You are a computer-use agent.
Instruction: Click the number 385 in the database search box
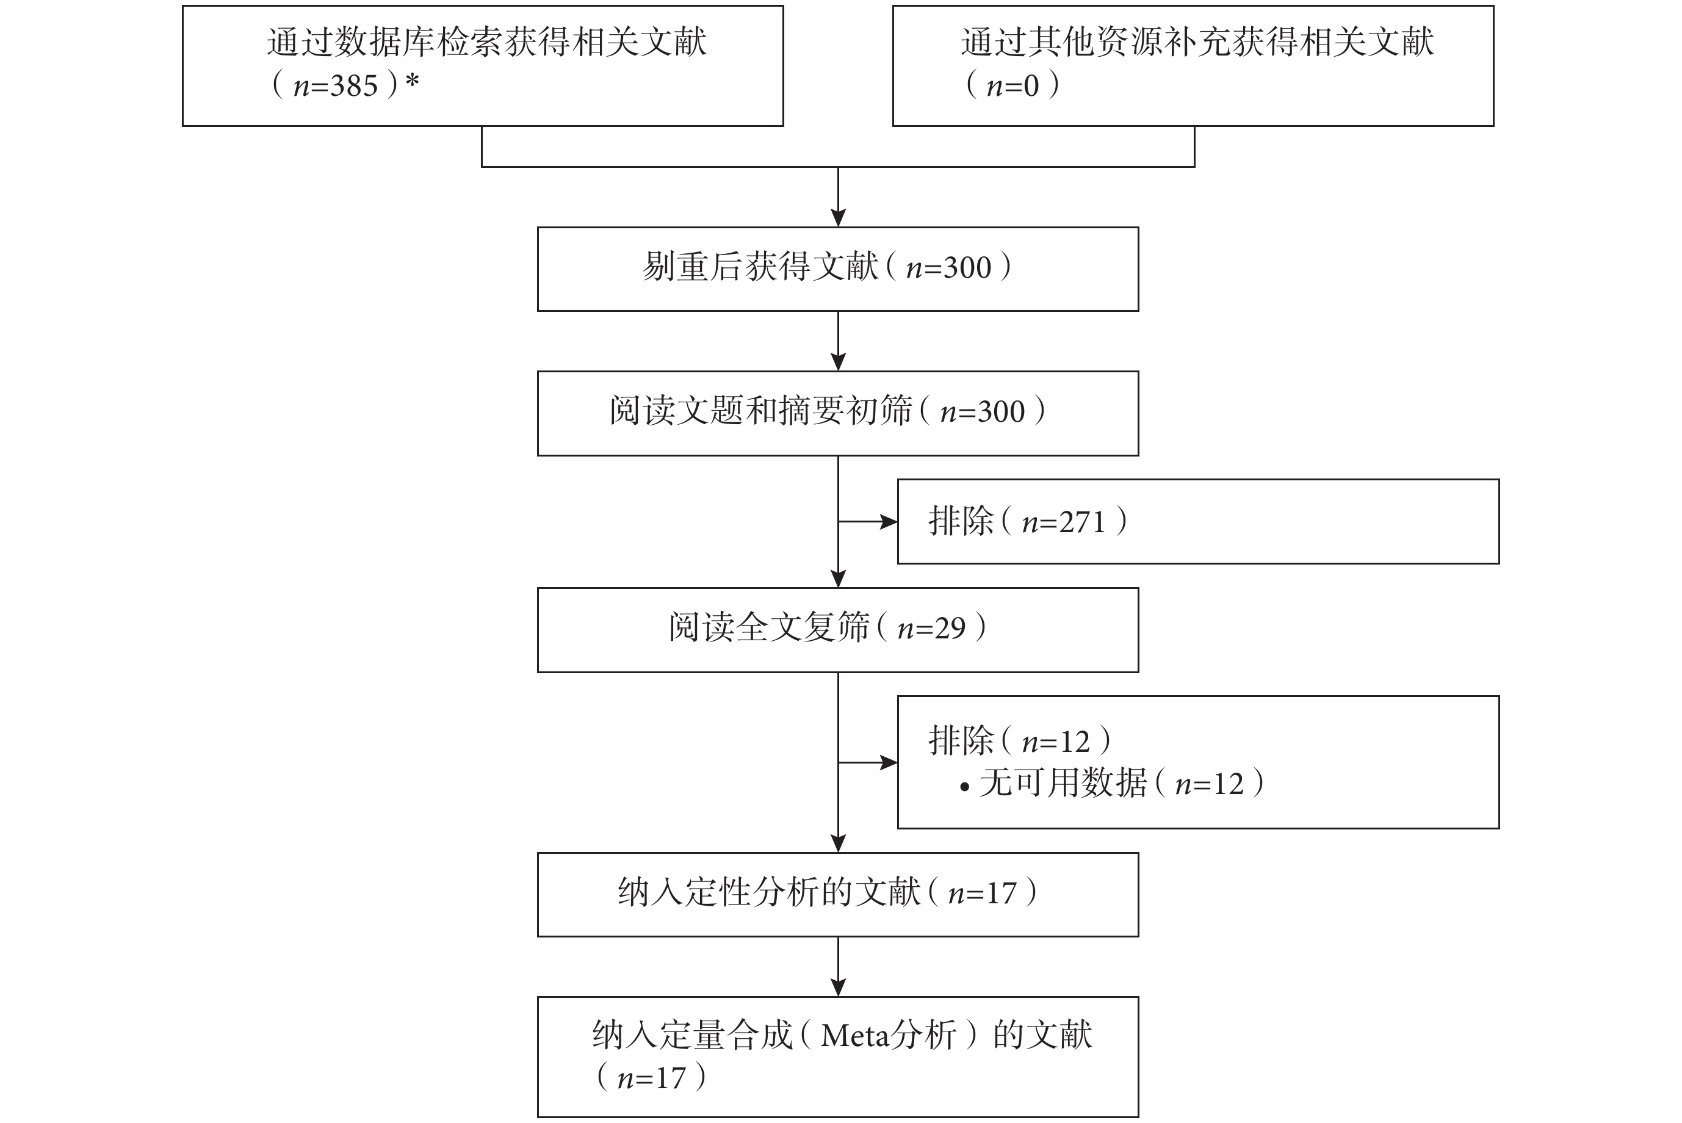click(x=354, y=86)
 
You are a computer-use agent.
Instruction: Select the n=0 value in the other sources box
click(x=1012, y=86)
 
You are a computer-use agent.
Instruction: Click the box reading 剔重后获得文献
click(x=838, y=269)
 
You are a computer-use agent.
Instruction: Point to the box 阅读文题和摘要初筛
click(x=838, y=413)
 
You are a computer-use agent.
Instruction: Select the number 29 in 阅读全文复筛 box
click(x=950, y=628)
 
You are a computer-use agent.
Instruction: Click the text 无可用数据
click(x=1063, y=783)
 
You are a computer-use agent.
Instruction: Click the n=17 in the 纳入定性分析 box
click(x=982, y=893)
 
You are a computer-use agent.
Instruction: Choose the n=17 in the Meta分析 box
click(x=651, y=1078)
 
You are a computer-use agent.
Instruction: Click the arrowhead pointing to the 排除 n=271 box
click(x=889, y=521)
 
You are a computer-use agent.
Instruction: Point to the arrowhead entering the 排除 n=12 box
click(x=889, y=763)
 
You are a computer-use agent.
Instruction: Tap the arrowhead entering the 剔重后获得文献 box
click(x=838, y=218)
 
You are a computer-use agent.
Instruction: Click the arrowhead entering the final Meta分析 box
click(x=838, y=988)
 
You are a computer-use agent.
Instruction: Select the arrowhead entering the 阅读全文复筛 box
click(x=838, y=579)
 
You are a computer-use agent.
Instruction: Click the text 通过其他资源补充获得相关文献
click(x=1197, y=42)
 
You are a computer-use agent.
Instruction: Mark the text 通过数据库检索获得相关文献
click(x=487, y=42)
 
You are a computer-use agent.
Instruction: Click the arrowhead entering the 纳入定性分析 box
click(x=838, y=843)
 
